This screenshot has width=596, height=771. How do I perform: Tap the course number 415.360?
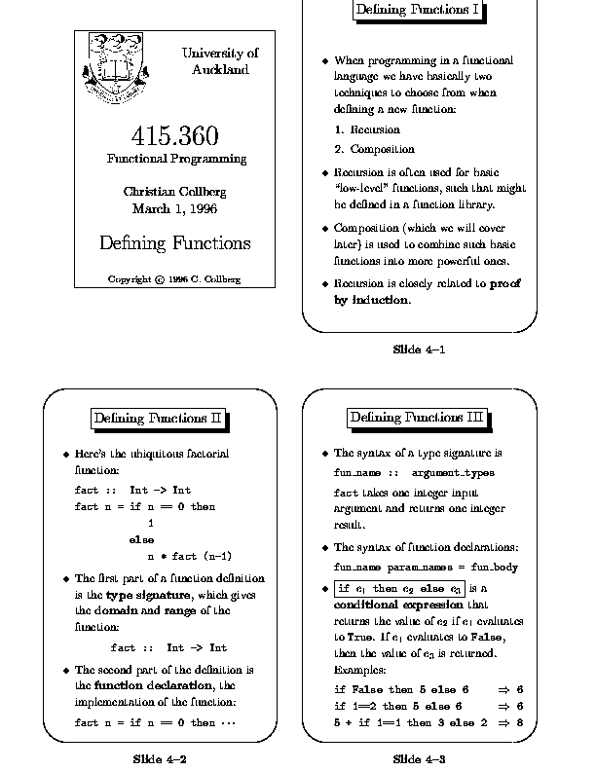point(175,136)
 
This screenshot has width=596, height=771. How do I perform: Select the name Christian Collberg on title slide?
point(175,191)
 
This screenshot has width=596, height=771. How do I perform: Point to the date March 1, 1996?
point(175,208)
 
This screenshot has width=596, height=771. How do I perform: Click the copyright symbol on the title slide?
point(159,280)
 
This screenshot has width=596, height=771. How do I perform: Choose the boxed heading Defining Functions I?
point(418,10)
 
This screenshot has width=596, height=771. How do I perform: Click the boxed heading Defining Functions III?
point(417,418)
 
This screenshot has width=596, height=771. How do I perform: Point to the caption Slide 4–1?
point(419,348)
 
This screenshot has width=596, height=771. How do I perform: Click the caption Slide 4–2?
point(161,757)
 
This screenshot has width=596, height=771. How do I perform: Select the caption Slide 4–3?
point(419,757)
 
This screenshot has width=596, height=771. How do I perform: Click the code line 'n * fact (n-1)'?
point(189,557)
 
